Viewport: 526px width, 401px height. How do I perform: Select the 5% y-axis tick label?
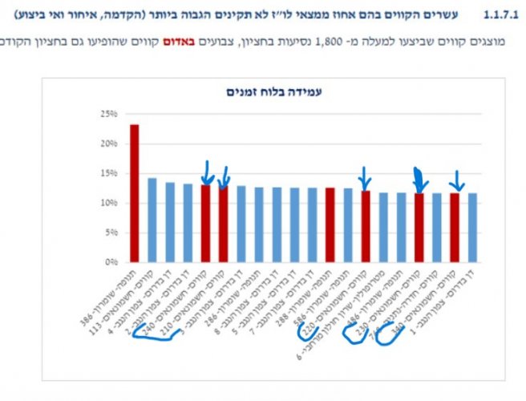tap(110, 233)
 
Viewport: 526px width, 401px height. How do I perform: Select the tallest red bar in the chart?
tap(134, 193)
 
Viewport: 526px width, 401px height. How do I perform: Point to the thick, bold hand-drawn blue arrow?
tap(418, 179)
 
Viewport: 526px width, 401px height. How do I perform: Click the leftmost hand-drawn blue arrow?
tap(207, 171)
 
